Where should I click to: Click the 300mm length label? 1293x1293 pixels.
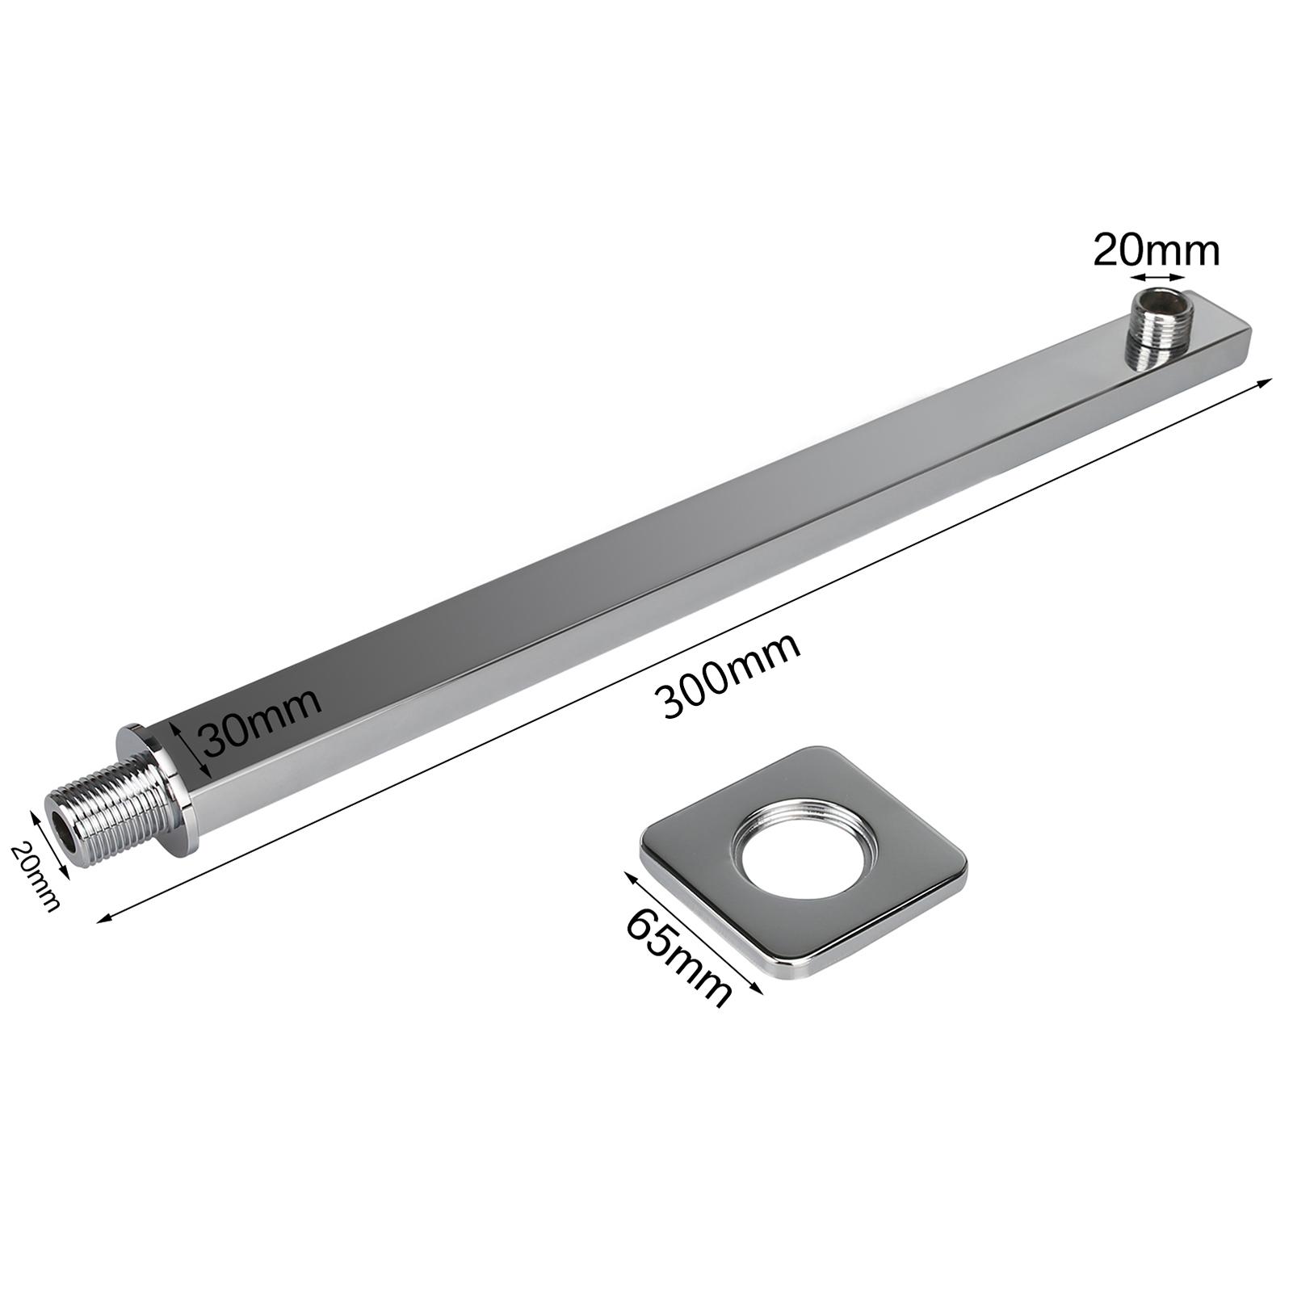click(x=731, y=675)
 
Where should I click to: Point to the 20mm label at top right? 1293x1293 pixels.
click(x=1157, y=251)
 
